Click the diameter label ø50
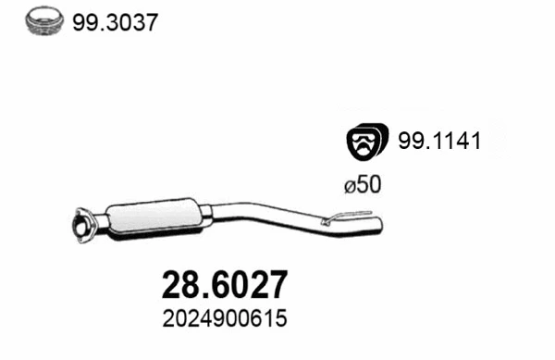362,185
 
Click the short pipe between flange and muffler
98,223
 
